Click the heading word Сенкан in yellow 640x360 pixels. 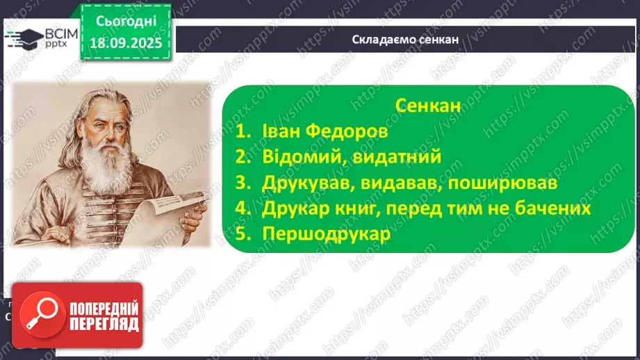point(427,105)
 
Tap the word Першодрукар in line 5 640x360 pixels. point(327,234)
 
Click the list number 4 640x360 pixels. point(241,208)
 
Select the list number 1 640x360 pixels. point(241,131)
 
